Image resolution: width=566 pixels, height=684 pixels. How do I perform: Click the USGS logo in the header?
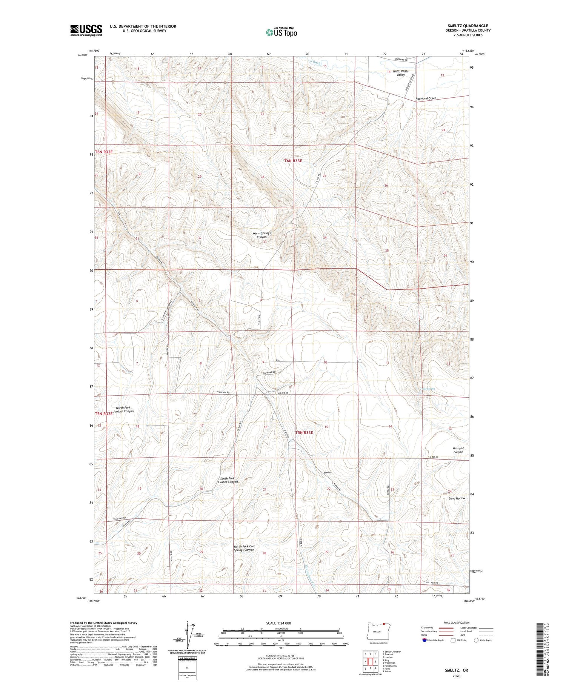point(86,30)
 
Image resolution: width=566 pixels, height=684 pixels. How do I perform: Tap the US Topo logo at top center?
point(281,32)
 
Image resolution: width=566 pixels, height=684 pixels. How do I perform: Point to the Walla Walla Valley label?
point(400,73)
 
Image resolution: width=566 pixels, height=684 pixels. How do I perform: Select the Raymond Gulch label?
point(426,98)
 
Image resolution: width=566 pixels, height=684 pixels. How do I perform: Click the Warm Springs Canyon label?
point(261,235)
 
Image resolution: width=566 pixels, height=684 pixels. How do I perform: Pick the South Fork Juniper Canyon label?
point(229,480)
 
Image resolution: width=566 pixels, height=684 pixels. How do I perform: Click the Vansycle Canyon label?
point(458,450)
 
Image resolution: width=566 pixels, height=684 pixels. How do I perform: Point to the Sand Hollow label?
point(457,498)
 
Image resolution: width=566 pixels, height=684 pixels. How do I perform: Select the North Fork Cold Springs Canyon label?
point(244,548)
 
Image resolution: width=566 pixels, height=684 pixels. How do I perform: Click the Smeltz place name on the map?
point(327,472)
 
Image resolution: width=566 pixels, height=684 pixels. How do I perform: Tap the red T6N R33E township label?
point(293,161)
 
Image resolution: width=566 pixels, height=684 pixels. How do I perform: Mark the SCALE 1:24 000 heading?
point(278,623)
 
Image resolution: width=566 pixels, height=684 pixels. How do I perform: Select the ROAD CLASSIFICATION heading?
point(457,623)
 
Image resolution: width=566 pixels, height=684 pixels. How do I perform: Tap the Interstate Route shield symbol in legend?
point(424,640)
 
